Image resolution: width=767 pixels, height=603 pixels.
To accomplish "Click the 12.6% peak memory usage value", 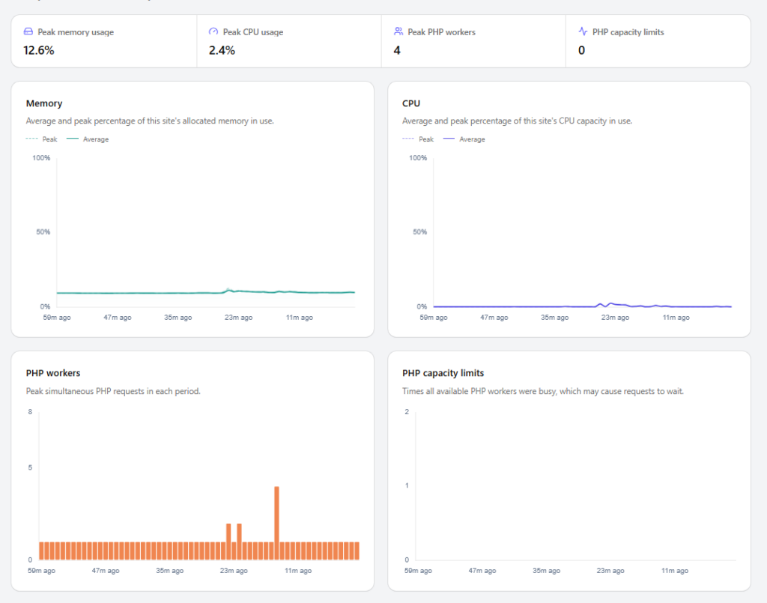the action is tap(39, 50).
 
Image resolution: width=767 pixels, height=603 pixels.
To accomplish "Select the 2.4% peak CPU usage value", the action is tap(222, 50).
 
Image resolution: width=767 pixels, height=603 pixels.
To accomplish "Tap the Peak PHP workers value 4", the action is tap(397, 50).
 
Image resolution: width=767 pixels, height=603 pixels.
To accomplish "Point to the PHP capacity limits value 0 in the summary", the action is tap(581, 50).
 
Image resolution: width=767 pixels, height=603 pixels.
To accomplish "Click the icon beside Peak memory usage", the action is tap(28, 31).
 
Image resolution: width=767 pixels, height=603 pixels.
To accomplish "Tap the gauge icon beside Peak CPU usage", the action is tap(213, 31).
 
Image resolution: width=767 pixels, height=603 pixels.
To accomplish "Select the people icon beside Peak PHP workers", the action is tap(398, 31).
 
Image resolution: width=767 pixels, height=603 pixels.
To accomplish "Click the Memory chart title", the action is tap(44, 103).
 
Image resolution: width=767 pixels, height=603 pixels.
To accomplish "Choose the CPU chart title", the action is tap(411, 103).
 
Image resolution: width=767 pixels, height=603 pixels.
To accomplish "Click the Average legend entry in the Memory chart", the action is tap(88, 139).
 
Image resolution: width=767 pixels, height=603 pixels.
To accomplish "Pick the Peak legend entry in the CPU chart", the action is tap(418, 139).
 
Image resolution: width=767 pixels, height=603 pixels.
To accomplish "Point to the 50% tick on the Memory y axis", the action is tap(43, 231).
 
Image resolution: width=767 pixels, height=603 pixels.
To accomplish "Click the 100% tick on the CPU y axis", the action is tap(418, 158).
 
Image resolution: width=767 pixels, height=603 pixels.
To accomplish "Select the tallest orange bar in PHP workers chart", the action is tap(276, 523).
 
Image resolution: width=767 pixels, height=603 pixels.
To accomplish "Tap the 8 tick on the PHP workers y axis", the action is tap(30, 412).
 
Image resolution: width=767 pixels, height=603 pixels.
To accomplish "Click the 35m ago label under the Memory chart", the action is tap(178, 318).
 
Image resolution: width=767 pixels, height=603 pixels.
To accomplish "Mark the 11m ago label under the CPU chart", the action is tap(676, 318).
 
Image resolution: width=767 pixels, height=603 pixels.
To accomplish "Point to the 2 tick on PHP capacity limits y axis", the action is tap(407, 412).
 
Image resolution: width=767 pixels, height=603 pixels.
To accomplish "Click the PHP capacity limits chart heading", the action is tap(443, 373).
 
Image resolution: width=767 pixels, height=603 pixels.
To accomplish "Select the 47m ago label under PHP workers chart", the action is tap(106, 571).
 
